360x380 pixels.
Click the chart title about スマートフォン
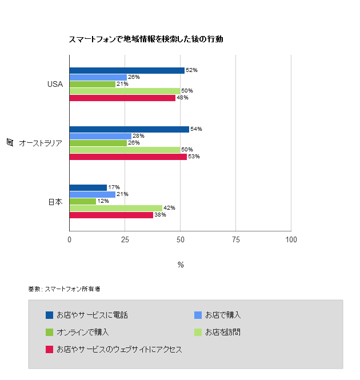pyautogui.click(x=146, y=39)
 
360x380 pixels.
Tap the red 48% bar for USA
pyautogui.click(x=122, y=98)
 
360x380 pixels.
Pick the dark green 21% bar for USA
pyautogui.click(x=93, y=84)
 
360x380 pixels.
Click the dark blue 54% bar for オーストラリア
pyautogui.click(x=129, y=129)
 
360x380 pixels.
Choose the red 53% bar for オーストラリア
pyautogui.click(x=128, y=157)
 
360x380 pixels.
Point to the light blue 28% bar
pyautogui.click(x=101, y=136)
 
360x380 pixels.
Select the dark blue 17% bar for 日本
pyautogui.click(x=88, y=187)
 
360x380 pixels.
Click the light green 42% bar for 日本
pyautogui.click(x=116, y=208)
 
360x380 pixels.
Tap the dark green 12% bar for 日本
pyautogui.click(x=83, y=201)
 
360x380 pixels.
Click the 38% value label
pyautogui.click(x=160, y=215)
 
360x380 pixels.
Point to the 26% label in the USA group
pyautogui.click(x=134, y=77)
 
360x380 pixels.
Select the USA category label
pyautogui.click(x=55, y=84)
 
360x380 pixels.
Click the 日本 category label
pyautogui.click(x=55, y=202)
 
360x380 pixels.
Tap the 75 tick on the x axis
pyautogui.click(x=235, y=240)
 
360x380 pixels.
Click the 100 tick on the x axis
pyautogui.click(x=291, y=240)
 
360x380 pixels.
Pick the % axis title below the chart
pyautogui.click(x=181, y=265)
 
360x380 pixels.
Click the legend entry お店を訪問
pyautogui.click(x=222, y=332)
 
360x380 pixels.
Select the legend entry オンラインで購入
pyautogui.click(x=82, y=332)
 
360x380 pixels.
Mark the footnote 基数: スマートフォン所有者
pyautogui.click(x=64, y=289)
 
